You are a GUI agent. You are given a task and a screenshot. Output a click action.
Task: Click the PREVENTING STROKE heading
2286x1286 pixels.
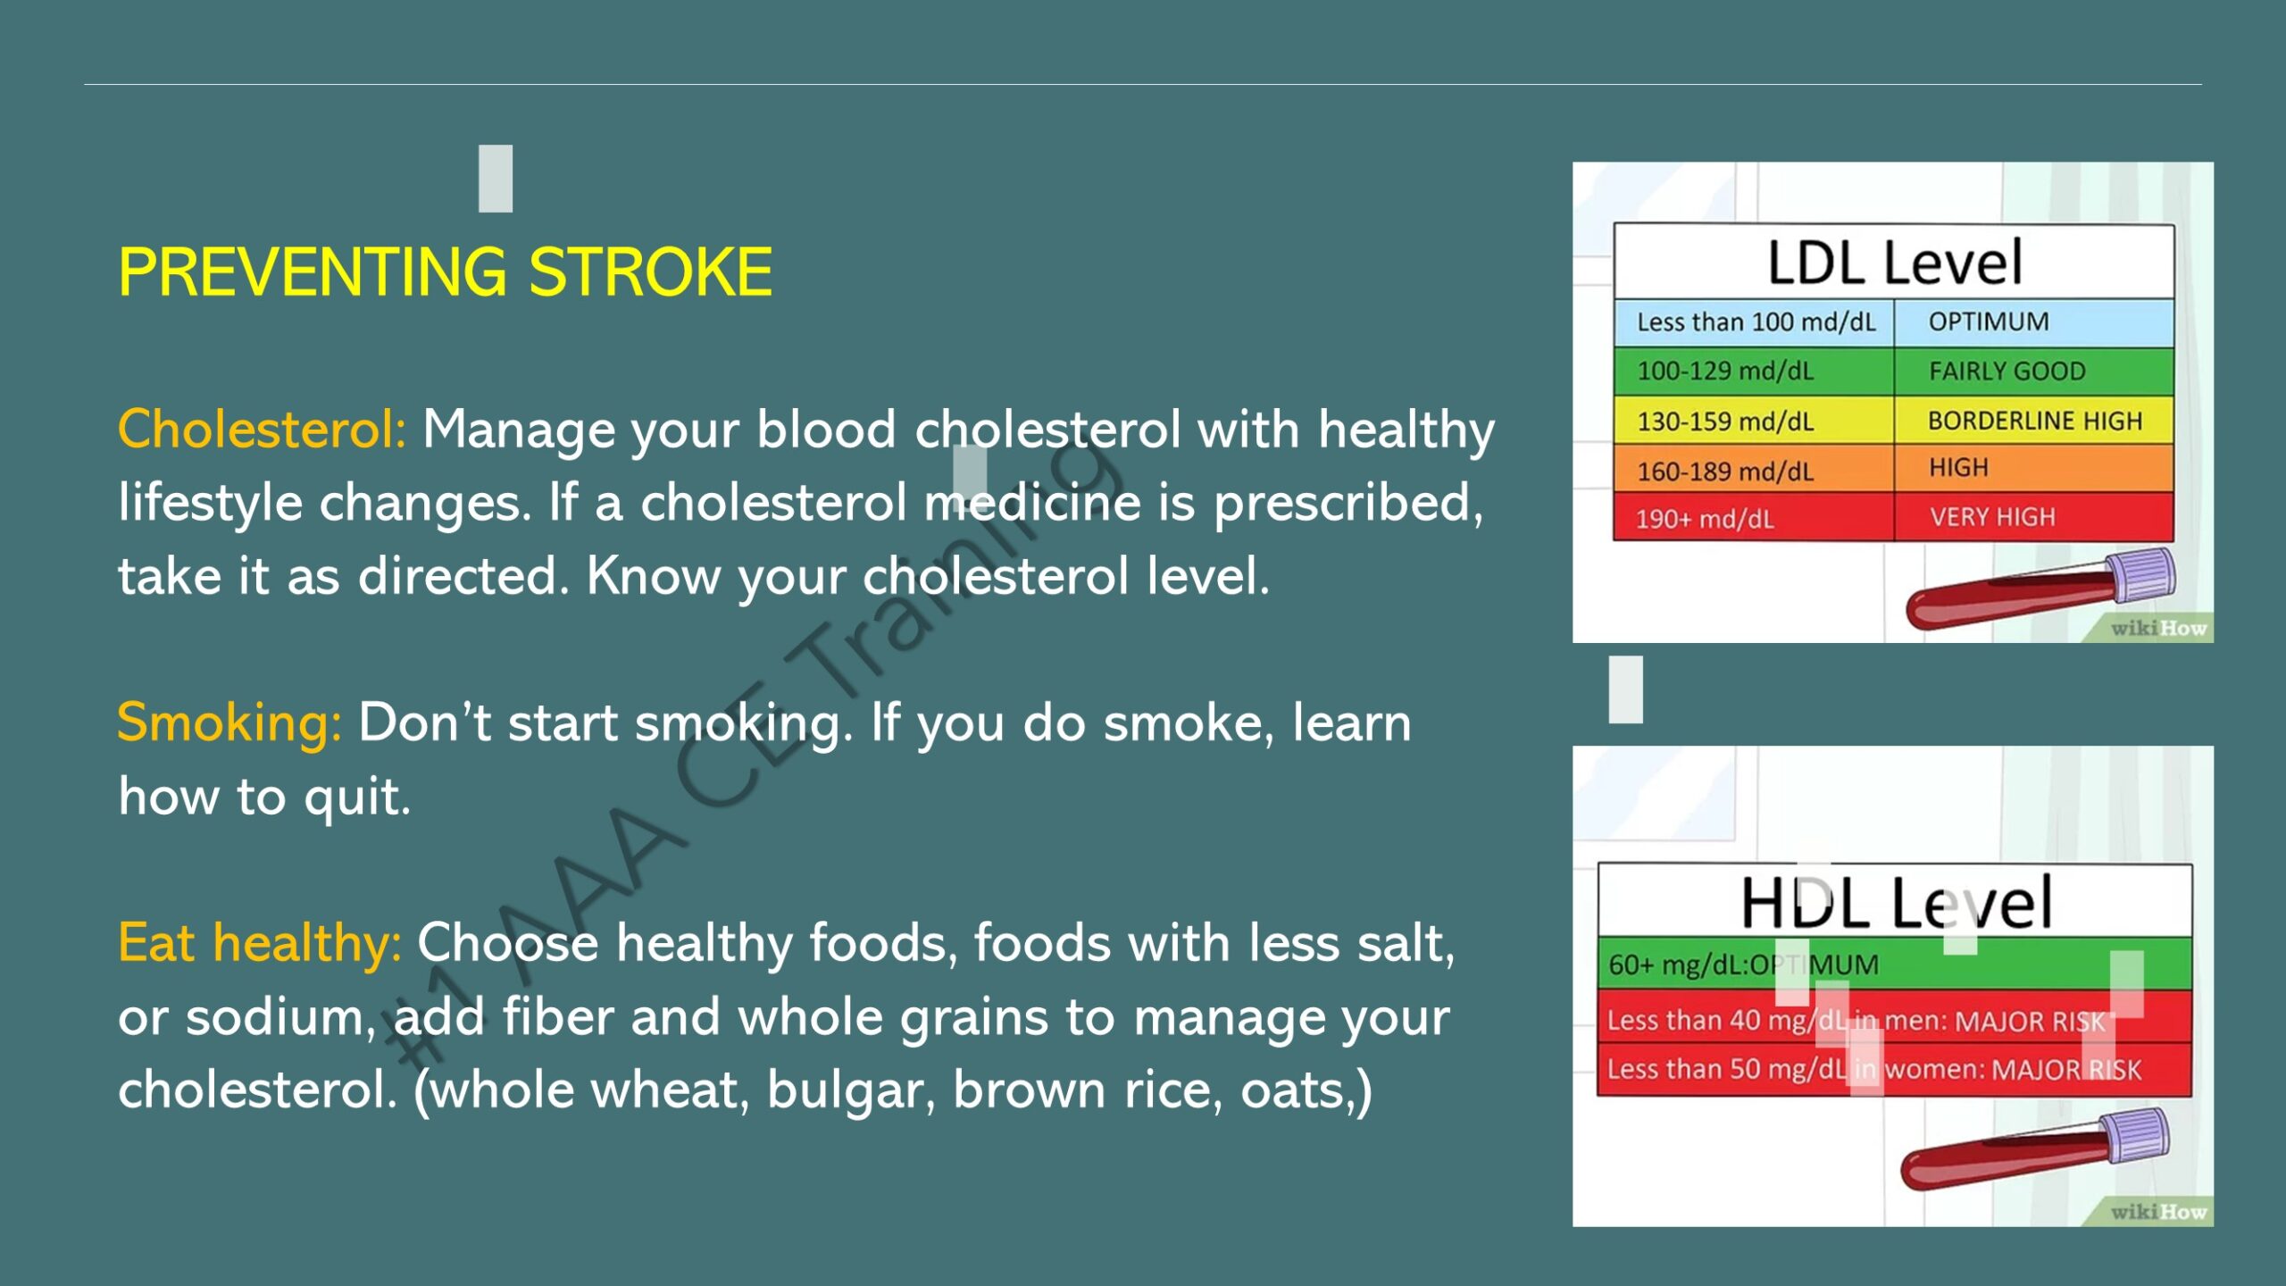(x=445, y=271)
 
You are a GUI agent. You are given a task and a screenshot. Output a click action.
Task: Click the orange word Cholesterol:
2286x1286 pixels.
(x=263, y=430)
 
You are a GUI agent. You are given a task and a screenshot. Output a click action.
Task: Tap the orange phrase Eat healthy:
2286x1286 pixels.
(x=260, y=943)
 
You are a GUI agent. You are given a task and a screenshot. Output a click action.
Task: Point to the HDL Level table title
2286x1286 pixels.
(x=1897, y=902)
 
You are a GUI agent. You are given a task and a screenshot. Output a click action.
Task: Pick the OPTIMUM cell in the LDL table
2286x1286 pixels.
(x=2034, y=322)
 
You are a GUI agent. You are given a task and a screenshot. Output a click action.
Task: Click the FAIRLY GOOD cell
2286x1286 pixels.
(x=2034, y=372)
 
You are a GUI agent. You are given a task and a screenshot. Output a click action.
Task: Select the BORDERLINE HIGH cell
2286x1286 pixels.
(x=2034, y=421)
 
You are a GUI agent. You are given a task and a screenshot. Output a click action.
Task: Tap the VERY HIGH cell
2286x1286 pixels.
(x=2034, y=517)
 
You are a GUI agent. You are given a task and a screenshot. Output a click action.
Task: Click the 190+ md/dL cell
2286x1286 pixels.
(x=1754, y=518)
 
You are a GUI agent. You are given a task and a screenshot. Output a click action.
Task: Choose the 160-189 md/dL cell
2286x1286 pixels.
(x=1754, y=470)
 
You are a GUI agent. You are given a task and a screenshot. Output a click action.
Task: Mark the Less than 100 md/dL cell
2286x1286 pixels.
(x=1754, y=322)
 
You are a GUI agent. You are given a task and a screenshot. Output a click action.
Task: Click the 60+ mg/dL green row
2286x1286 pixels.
(x=1894, y=964)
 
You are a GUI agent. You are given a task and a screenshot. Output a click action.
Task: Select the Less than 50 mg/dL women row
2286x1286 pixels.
(x=1894, y=1069)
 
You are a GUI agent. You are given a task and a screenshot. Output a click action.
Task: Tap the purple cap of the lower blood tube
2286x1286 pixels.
(x=2134, y=1137)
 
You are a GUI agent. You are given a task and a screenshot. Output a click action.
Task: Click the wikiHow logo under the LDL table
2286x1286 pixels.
(x=2158, y=629)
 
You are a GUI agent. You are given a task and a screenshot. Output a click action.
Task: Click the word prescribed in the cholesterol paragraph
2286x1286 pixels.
(x=1347, y=503)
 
